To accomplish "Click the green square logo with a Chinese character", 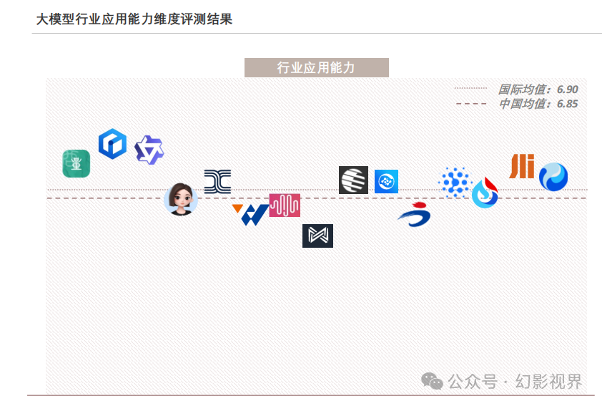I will pyautogui.click(x=76, y=163).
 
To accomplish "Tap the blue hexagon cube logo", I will pyautogui.click(x=112, y=144).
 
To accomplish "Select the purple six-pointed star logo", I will pyautogui.click(x=149, y=150).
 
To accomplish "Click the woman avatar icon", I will pyautogui.click(x=181, y=199).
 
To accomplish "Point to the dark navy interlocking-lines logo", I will pyautogui.click(x=217, y=182).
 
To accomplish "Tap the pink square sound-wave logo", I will pyautogui.click(x=285, y=205).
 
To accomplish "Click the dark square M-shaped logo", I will pyautogui.click(x=317, y=236).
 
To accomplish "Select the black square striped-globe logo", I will pyautogui.click(x=353, y=180).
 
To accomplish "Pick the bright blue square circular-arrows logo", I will pyautogui.click(x=386, y=182).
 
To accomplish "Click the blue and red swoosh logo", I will pyautogui.click(x=415, y=215).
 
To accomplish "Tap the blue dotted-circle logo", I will pyautogui.click(x=455, y=182).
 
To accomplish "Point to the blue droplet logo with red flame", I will pyautogui.click(x=485, y=193).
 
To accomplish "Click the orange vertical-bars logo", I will pyautogui.click(x=522, y=166).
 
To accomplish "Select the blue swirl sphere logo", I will pyautogui.click(x=553, y=177).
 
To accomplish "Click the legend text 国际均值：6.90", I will pyautogui.click(x=538, y=90).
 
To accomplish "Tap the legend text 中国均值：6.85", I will pyautogui.click(x=538, y=104).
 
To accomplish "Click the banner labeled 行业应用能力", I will pyautogui.click(x=316, y=68).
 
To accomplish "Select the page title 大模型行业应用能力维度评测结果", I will pyautogui.click(x=134, y=19).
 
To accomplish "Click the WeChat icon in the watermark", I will pyautogui.click(x=432, y=380).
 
